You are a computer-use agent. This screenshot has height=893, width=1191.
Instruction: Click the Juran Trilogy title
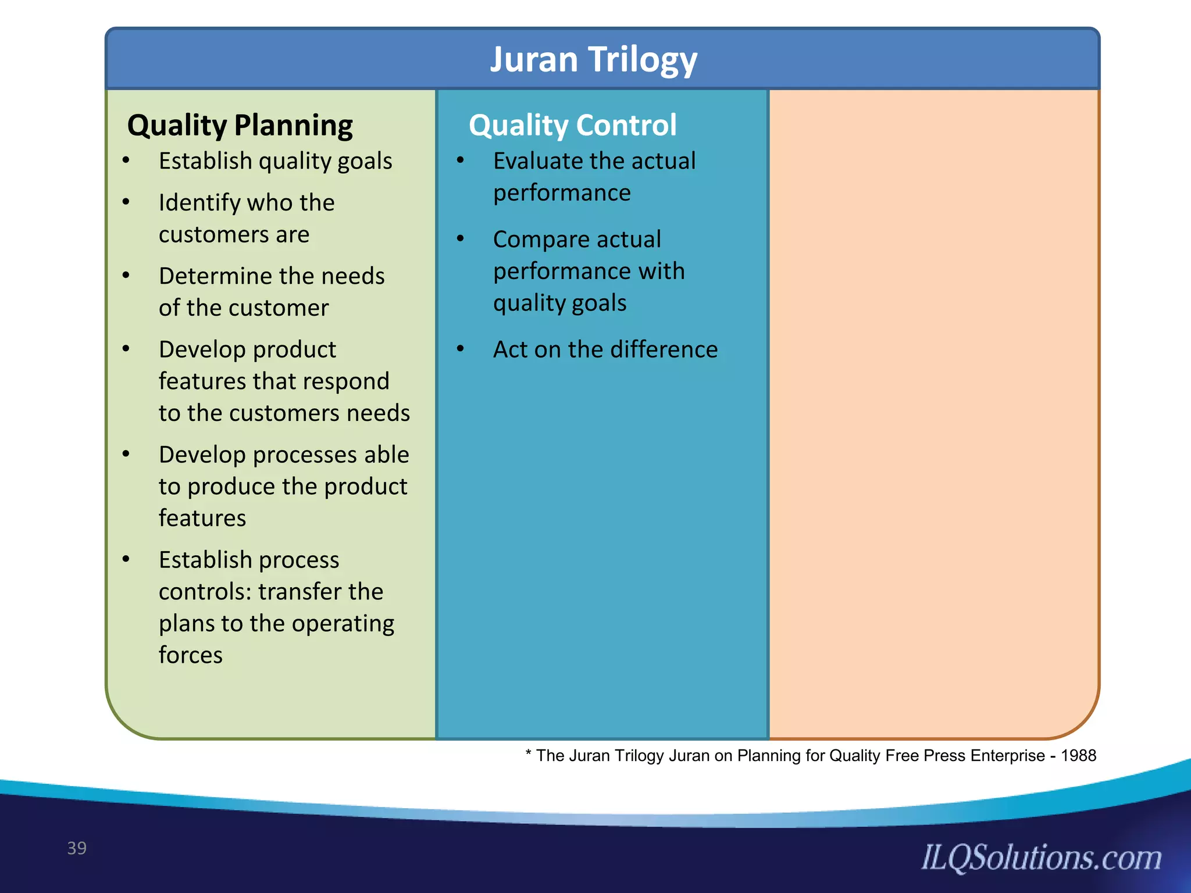tap(593, 59)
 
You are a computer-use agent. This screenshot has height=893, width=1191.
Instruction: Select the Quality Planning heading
tap(240, 126)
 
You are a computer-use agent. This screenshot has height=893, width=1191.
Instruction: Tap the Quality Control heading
tap(573, 126)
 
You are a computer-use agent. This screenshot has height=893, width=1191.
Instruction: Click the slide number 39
tap(77, 848)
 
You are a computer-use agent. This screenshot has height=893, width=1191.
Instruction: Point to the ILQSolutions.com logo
tap(1041, 858)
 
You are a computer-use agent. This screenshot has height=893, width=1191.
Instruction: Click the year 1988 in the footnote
tap(1078, 755)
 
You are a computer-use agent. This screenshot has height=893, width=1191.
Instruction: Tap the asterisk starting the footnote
tap(528, 754)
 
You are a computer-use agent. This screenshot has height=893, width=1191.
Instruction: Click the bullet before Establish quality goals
tap(126, 160)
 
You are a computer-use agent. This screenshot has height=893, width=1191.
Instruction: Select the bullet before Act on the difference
tap(461, 348)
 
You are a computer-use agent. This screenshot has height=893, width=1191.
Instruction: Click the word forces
tap(190, 655)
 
